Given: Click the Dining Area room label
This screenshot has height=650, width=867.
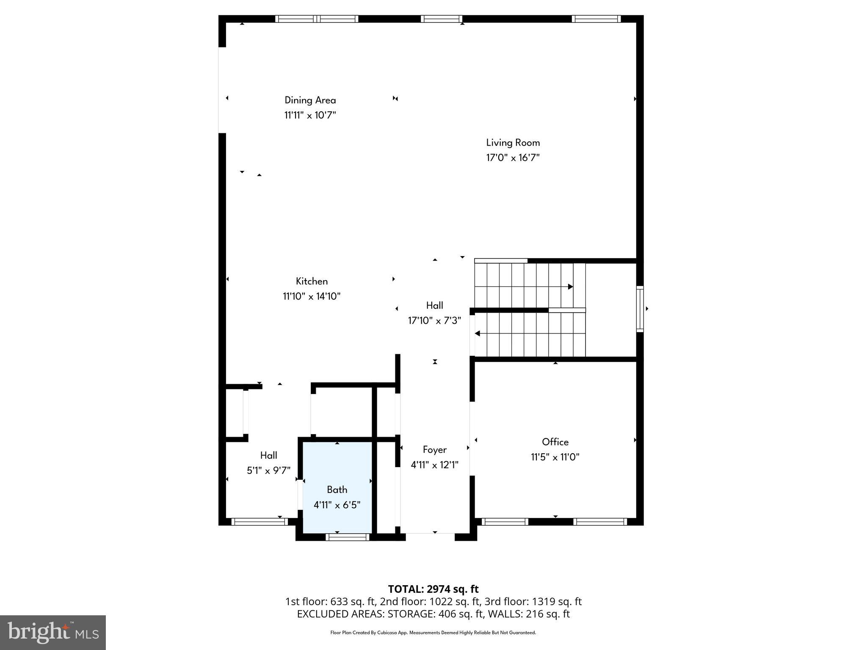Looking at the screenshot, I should coord(310,100).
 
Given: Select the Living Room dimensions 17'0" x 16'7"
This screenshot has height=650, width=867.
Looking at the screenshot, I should coord(513,158).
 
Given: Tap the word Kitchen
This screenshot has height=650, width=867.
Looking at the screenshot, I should coord(312,281).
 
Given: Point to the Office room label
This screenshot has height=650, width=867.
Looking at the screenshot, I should coord(555,442).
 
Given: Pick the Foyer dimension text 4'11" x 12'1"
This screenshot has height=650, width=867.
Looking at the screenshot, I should coord(434,465).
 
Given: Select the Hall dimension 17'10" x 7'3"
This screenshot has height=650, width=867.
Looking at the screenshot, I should coord(434,321).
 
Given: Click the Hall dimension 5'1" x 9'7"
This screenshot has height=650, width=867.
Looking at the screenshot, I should coord(268,470).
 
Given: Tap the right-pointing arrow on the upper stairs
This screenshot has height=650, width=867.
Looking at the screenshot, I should coord(570,286).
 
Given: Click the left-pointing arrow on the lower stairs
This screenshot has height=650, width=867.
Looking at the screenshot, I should coord(477,333).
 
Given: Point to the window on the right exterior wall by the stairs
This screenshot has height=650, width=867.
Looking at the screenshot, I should coord(640,309).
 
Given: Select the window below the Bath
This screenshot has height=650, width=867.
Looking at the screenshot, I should coord(348,537).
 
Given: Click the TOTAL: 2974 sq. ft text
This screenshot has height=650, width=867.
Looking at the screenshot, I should coord(433,589).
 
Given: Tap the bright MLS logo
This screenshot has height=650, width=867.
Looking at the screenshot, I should coord(53,632).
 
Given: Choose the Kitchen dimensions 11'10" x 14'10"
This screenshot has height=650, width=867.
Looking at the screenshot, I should coord(312,296).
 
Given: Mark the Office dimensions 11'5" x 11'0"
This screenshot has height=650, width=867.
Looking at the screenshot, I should coord(555,457).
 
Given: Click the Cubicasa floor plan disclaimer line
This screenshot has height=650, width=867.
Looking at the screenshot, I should coord(433,633).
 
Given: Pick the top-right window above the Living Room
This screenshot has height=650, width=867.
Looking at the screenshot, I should coord(596,19).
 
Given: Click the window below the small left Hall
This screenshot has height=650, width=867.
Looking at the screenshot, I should coord(259,522).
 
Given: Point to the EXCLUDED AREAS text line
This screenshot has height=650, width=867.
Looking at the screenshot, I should coord(433,614).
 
